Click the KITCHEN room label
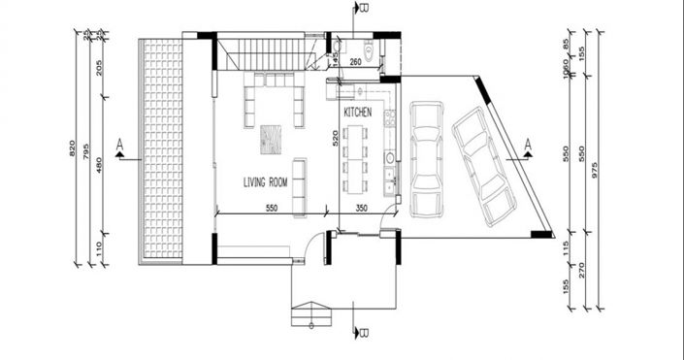pyautogui.click(x=358, y=114)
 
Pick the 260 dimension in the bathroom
pyautogui.click(x=355, y=63)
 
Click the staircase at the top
pyautogui.click(x=266, y=51)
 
